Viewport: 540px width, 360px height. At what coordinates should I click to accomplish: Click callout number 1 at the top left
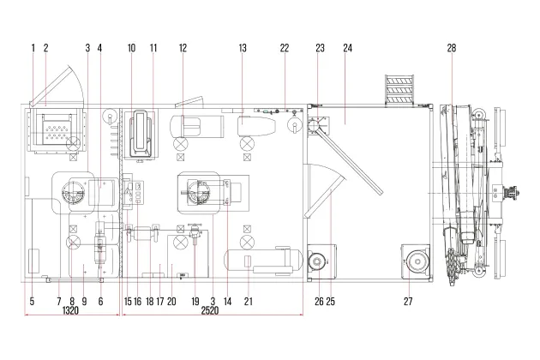pos(33,48)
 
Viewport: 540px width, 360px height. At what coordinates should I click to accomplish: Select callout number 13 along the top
pos(243,48)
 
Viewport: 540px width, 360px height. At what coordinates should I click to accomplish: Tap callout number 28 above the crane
pos(452,48)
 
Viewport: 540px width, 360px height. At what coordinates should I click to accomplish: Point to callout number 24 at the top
pos(347,48)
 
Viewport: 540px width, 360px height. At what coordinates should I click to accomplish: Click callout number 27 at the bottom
pos(408,302)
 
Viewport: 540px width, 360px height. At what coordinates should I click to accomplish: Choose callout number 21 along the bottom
pos(249,302)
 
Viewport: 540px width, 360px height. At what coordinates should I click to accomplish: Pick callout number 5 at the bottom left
pos(32,302)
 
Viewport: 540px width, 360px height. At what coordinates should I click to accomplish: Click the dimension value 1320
pos(70,310)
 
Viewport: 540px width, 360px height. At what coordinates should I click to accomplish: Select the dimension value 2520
pos(210,310)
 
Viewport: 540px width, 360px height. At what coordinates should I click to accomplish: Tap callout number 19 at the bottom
pos(195,302)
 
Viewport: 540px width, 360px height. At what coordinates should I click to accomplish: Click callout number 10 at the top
pos(131,48)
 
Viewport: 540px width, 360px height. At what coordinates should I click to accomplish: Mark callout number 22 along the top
pos(284,48)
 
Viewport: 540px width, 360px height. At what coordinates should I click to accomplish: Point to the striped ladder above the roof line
pos(399,88)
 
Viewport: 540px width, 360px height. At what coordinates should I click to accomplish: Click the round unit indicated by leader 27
pos(417,261)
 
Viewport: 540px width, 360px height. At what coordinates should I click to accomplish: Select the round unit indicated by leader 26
pos(317,262)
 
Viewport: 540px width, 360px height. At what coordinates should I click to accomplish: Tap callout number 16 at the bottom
pos(137,302)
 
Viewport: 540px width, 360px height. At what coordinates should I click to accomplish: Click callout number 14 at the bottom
pos(228,302)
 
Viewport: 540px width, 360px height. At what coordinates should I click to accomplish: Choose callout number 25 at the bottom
pos(330,302)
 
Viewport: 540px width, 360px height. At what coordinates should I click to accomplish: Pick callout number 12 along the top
pos(183,48)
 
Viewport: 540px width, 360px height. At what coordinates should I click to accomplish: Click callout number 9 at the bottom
pos(84,302)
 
